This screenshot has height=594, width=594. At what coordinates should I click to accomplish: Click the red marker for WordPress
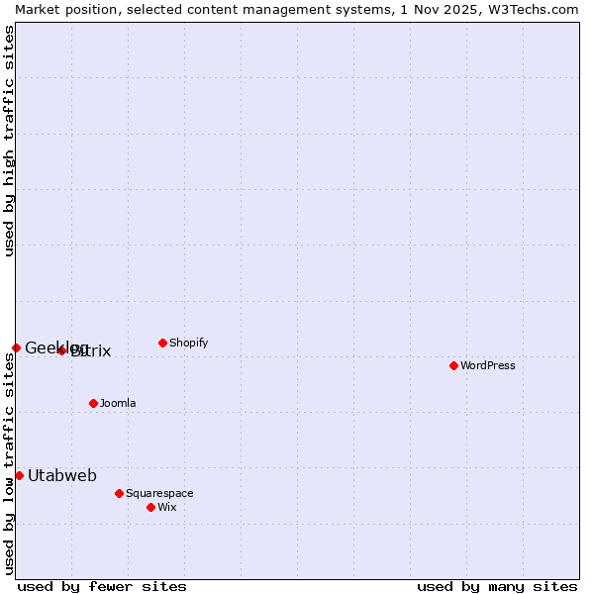453,365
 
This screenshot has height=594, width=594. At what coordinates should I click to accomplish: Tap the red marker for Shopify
162,343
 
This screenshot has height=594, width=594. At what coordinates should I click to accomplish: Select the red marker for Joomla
93,403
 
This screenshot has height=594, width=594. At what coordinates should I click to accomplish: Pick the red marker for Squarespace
119,493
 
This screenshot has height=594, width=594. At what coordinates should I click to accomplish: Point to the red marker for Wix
150,507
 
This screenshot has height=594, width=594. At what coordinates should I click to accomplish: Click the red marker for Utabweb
19,475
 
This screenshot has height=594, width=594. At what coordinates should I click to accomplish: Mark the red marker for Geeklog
16,347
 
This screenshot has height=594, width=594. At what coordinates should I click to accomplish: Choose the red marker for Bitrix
61,350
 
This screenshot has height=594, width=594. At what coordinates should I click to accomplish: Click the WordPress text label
488,365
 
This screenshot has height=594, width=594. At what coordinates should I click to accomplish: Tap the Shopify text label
188,343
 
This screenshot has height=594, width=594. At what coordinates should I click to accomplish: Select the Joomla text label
118,403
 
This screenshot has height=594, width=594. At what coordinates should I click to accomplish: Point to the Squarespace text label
159,493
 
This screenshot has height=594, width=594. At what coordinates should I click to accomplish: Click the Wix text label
166,507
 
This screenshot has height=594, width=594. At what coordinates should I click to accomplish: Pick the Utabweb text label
62,475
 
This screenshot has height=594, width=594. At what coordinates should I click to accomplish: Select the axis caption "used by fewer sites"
102,586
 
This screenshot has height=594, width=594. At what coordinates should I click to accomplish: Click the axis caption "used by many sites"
497,586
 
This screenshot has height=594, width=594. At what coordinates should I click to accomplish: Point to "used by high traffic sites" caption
9,141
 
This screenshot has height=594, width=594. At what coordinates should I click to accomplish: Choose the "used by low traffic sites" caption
9,463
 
